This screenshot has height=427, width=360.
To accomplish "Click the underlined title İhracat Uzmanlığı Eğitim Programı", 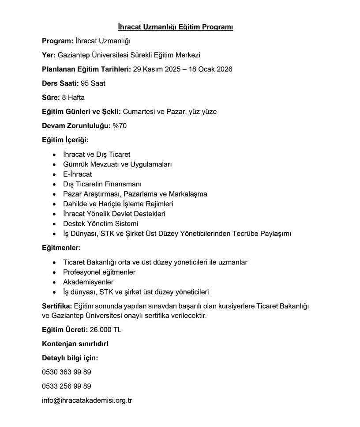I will (176, 27).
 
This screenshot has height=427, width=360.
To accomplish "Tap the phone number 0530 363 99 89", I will (67, 372).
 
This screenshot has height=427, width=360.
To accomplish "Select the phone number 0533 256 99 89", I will (67, 386).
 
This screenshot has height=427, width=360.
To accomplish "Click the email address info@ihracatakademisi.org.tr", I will (87, 401).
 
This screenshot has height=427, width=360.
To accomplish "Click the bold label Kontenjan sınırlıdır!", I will (75, 344).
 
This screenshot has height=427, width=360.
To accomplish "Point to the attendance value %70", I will (120, 126).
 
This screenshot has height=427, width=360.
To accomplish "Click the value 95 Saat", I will (93, 83).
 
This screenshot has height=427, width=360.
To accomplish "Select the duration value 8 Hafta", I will (73, 97).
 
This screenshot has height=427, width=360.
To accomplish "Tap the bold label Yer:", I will (49, 55).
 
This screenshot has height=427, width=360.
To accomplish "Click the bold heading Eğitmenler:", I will (61, 248).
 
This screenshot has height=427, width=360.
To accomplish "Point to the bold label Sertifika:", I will (57, 306).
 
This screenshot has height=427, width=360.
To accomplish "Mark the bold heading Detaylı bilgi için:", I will (70, 358).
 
